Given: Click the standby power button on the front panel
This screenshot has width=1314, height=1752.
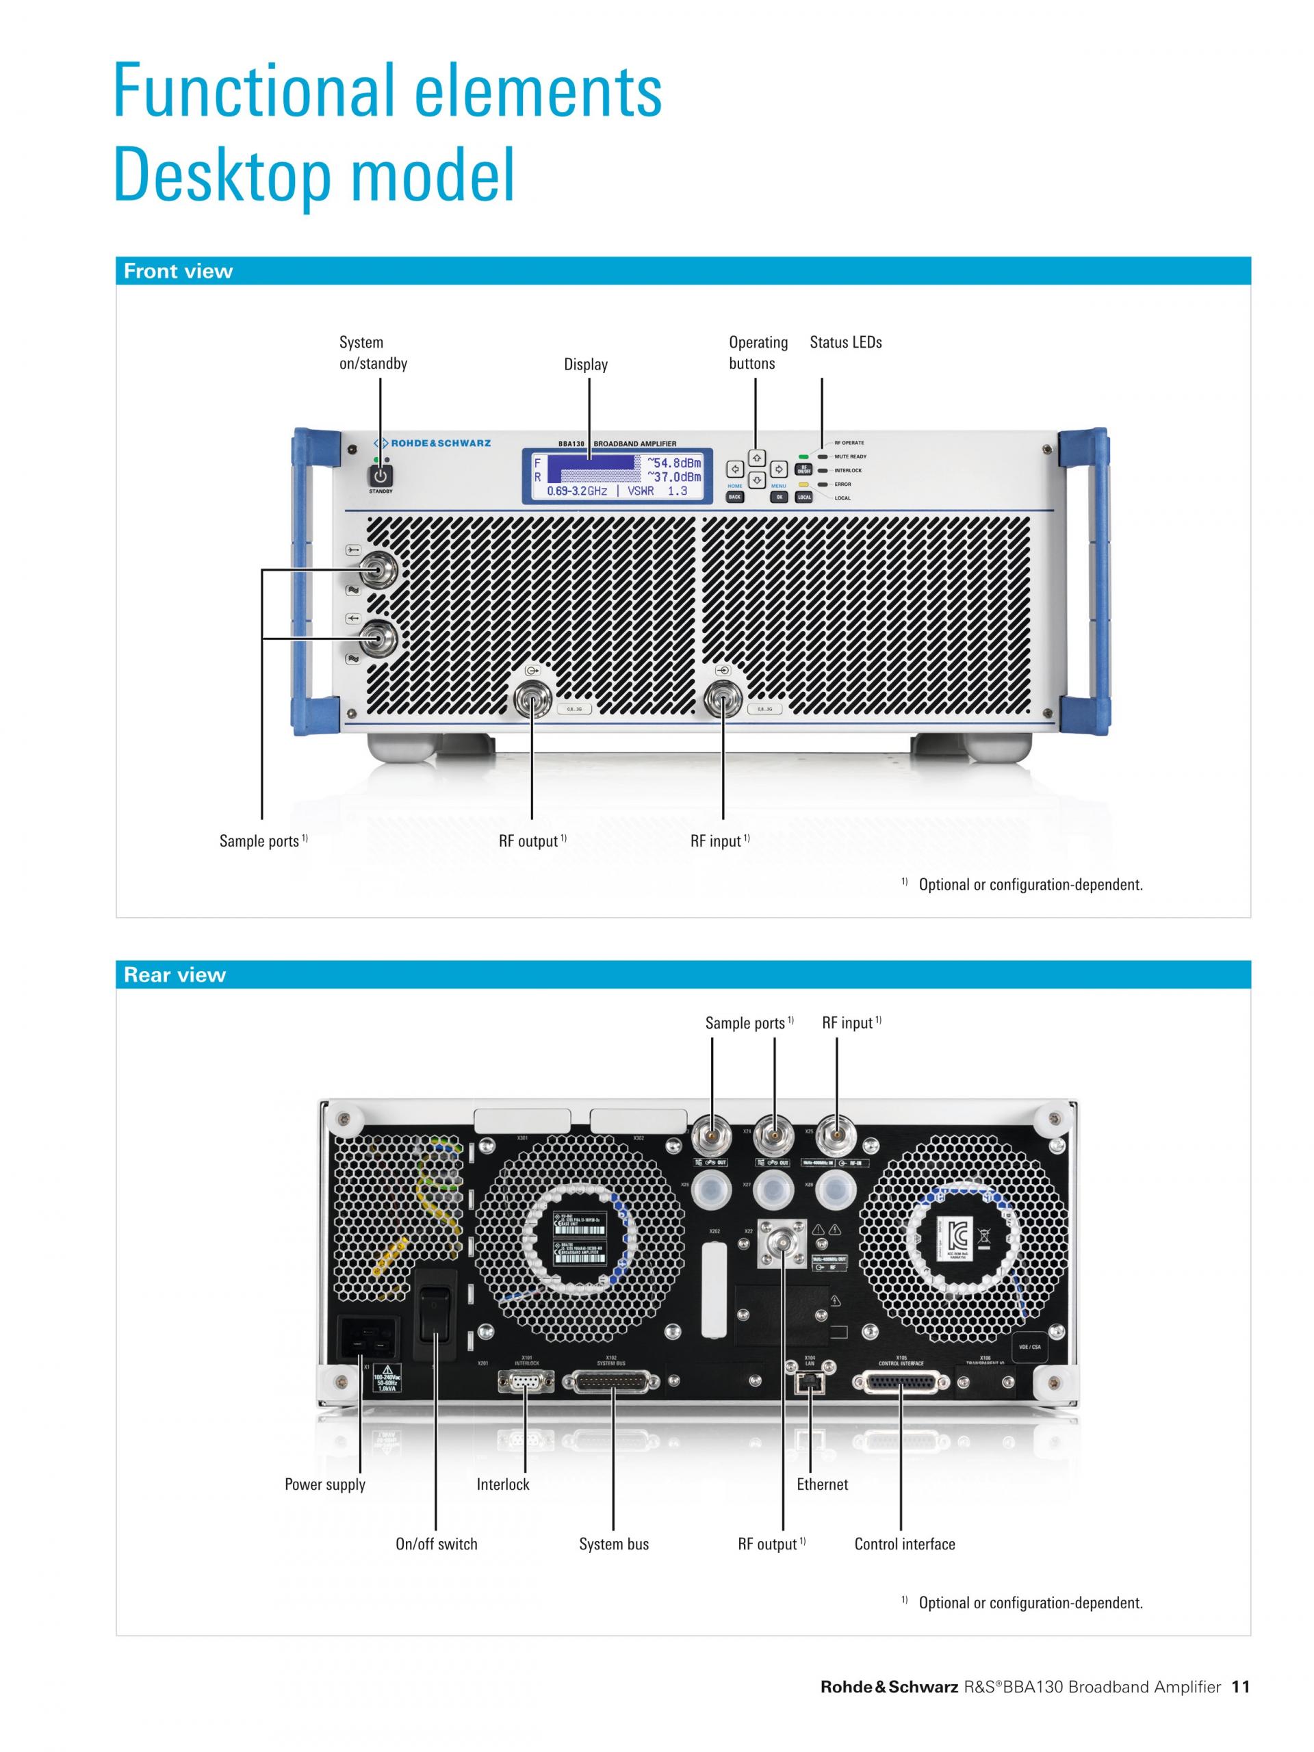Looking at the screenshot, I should (x=381, y=476).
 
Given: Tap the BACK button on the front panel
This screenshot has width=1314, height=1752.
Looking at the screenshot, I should (x=734, y=498).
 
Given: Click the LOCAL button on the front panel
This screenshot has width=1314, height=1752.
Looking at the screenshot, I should (x=804, y=498).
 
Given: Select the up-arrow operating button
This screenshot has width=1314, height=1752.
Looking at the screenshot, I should (x=757, y=459).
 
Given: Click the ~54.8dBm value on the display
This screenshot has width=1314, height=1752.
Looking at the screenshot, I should (x=674, y=463).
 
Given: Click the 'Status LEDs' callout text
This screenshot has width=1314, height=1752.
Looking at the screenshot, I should (x=845, y=343).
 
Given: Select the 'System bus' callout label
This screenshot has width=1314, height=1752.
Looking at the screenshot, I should (x=613, y=1544).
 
